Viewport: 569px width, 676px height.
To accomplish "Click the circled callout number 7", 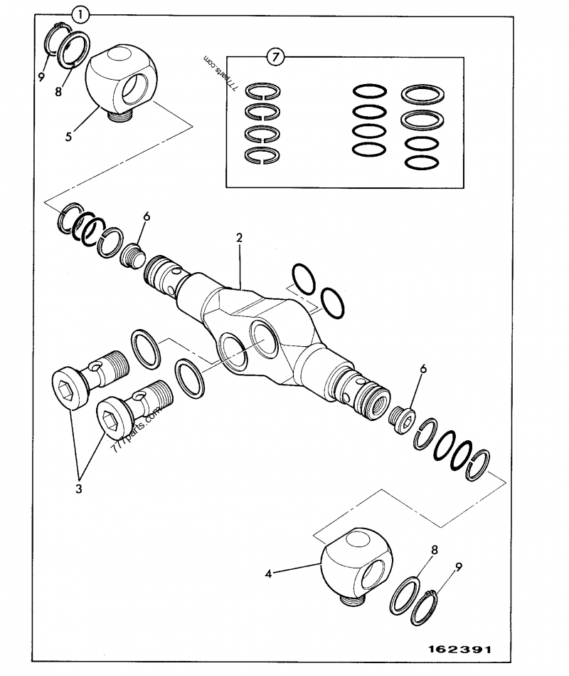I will (x=275, y=56).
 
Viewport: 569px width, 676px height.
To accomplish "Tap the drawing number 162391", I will (x=459, y=650).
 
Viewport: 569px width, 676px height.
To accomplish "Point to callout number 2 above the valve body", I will (x=240, y=237).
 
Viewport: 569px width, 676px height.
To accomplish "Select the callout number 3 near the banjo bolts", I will (x=79, y=489).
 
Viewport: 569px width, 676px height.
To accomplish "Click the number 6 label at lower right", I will (x=422, y=369).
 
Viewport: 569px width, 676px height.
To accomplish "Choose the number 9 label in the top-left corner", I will (x=42, y=74).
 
